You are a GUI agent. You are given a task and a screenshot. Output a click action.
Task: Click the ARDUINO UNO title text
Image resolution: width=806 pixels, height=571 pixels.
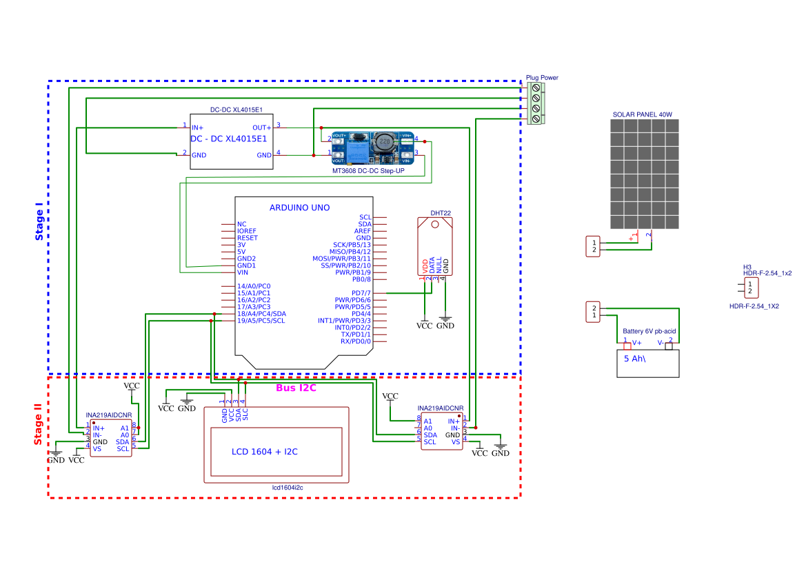click(299, 208)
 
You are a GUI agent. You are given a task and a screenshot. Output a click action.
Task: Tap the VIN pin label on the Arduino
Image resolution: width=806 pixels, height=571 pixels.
click(242, 272)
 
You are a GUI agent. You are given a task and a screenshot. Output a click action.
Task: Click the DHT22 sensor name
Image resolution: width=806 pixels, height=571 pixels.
click(441, 213)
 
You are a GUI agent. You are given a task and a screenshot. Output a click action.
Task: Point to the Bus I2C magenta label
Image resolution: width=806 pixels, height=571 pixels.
click(296, 388)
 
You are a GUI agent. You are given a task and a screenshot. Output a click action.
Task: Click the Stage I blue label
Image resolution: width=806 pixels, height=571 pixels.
click(39, 221)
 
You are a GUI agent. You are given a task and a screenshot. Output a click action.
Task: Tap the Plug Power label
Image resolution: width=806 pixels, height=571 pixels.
click(542, 78)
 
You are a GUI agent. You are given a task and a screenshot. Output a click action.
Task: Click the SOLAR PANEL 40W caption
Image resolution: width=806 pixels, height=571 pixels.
click(642, 114)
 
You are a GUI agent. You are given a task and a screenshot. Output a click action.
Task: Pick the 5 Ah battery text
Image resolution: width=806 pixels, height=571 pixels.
click(638, 359)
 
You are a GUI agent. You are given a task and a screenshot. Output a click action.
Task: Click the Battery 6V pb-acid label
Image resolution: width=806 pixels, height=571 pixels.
click(649, 332)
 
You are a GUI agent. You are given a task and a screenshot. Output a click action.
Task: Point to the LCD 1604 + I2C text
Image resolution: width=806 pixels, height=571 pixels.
click(264, 452)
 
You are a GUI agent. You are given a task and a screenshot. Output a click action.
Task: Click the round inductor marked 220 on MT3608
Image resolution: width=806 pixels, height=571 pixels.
click(385, 142)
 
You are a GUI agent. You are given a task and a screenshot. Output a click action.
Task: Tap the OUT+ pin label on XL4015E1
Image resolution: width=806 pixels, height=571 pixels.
click(261, 128)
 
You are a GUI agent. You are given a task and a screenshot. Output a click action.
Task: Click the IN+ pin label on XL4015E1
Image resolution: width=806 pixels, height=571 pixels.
click(198, 128)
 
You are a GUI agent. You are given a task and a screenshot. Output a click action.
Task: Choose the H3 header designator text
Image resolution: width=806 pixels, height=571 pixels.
click(747, 267)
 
